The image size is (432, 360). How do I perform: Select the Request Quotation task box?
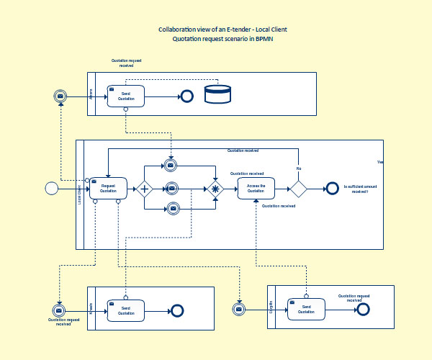(108, 189)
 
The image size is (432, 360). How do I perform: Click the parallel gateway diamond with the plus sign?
(145, 189)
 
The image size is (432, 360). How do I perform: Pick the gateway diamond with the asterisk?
(215, 189)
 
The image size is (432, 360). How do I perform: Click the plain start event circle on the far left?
(51, 188)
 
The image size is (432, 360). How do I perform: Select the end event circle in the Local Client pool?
(332, 189)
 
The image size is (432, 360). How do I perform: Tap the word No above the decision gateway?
(298, 168)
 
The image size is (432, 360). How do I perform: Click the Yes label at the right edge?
(380, 163)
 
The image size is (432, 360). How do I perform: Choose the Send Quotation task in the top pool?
(126, 96)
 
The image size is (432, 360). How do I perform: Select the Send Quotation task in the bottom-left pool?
(126, 310)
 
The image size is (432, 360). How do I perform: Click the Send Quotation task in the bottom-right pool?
(306, 309)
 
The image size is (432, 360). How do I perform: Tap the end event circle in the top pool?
(188, 95)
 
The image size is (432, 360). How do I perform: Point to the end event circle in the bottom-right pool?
(363, 309)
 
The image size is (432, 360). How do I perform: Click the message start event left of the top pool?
(62, 95)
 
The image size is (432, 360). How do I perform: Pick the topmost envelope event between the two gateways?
(171, 166)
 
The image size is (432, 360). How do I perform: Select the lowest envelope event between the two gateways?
(173, 209)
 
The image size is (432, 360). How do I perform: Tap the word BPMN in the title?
(265, 39)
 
